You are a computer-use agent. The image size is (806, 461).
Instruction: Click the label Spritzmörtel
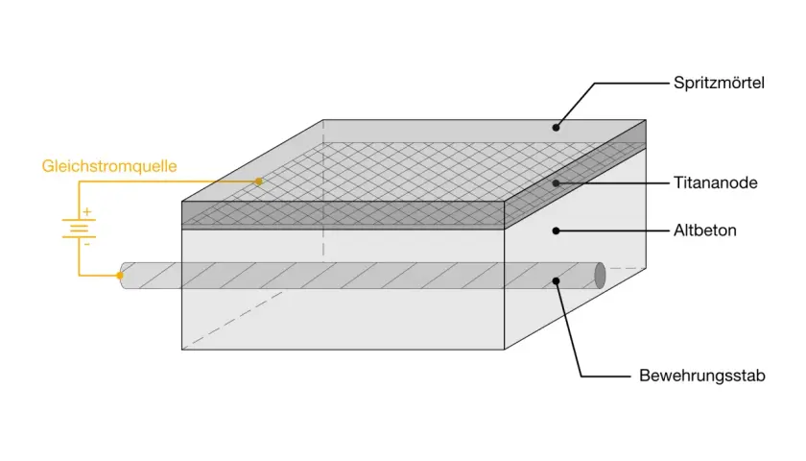[x=719, y=83]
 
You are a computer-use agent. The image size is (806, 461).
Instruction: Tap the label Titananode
[x=715, y=182]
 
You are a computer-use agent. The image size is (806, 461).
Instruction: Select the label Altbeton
[x=704, y=230]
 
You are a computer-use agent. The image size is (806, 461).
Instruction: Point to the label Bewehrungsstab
[x=701, y=376]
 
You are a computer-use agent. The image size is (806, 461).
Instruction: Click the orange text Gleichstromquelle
[x=109, y=166]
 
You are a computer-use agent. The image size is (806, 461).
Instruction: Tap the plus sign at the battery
[x=87, y=211]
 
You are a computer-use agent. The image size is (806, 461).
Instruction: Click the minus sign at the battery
[x=87, y=244]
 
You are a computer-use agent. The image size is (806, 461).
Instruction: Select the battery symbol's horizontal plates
[x=79, y=229]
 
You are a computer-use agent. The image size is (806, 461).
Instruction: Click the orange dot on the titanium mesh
[x=259, y=182]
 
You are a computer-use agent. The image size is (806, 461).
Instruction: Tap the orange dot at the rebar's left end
[x=120, y=276]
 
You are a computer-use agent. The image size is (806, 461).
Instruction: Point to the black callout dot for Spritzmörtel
[x=556, y=127]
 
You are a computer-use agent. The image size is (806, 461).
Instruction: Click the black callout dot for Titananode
[x=556, y=182]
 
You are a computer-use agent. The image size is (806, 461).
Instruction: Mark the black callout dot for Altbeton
[x=556, y=230]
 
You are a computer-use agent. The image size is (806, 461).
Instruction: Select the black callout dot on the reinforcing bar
[x=556, y=280]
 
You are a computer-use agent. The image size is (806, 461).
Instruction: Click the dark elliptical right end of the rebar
[x=600, y=276]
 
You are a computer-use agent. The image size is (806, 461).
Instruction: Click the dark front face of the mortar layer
[x=343, y=215]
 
